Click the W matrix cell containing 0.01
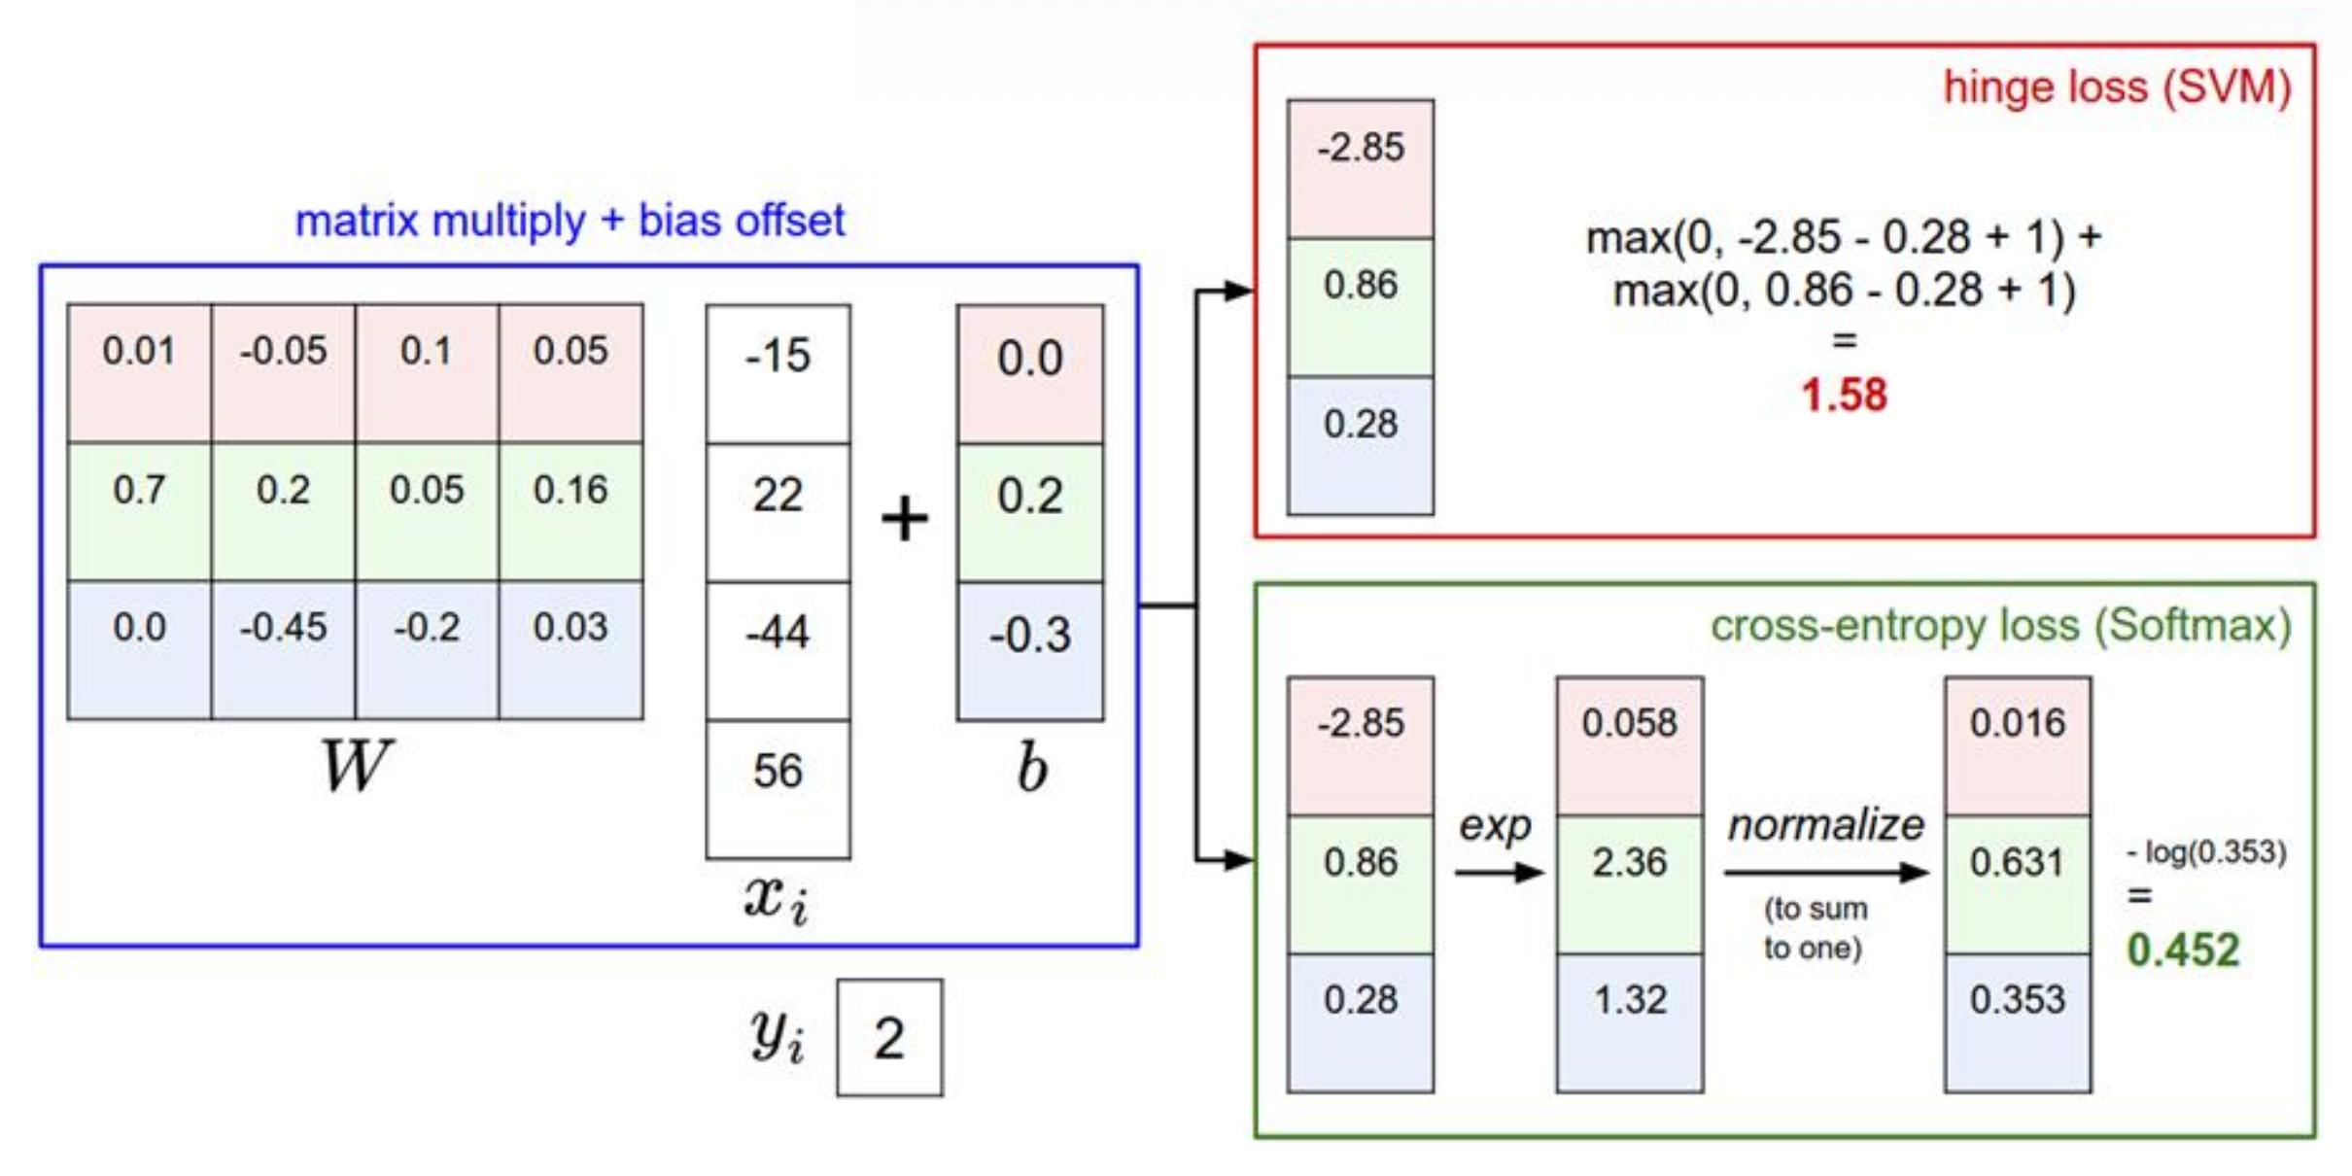click(x=139, y=373)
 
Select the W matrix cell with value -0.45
click(x=283, y=649)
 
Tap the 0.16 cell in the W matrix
click(x=571, y=511)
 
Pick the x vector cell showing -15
click(x=778, y=373)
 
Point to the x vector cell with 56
click(x=778, y=788)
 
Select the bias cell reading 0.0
click(x=1030, y=373)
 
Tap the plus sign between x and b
click(x=904, y=517)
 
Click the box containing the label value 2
click(x=889, y=1037)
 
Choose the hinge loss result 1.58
click(x=1844, y=396)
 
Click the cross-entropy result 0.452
click(x=2183, y=950)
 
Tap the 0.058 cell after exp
click(x=1630, y=744)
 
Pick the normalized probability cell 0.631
click(x=2018, y=883)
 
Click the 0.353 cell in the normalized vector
click(x=2018, y=1021)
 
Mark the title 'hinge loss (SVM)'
click(x=2117, y=87)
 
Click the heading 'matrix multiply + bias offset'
click(x=570, y=222)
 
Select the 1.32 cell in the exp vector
click(x=1630, y=1021)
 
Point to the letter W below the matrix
click(x=356, y=766)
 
